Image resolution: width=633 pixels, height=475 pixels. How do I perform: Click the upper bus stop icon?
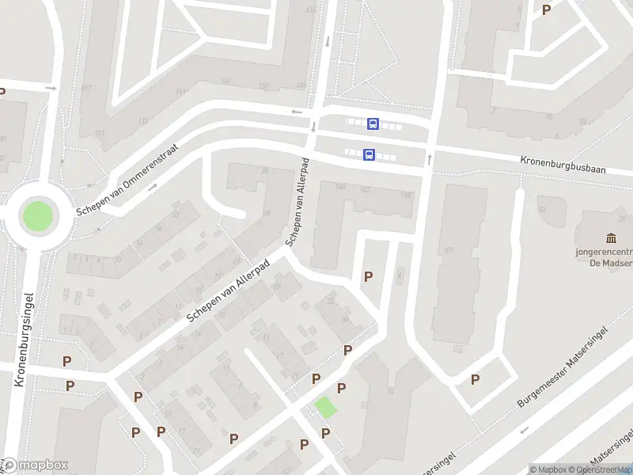373,123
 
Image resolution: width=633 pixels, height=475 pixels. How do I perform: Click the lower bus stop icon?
370,155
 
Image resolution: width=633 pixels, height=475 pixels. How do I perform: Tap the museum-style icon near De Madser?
611,238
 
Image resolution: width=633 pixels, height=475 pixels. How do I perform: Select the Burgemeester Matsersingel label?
563,367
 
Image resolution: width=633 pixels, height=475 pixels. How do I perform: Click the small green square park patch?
325,408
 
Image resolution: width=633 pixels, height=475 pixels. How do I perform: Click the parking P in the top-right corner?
546,9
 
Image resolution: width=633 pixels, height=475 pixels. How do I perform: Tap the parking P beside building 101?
475,379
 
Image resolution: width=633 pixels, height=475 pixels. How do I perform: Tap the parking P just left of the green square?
316,379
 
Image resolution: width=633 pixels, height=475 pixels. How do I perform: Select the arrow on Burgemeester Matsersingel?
523,431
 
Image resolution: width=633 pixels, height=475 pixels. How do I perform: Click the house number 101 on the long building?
449,251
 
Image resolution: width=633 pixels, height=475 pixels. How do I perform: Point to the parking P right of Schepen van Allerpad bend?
368,276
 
